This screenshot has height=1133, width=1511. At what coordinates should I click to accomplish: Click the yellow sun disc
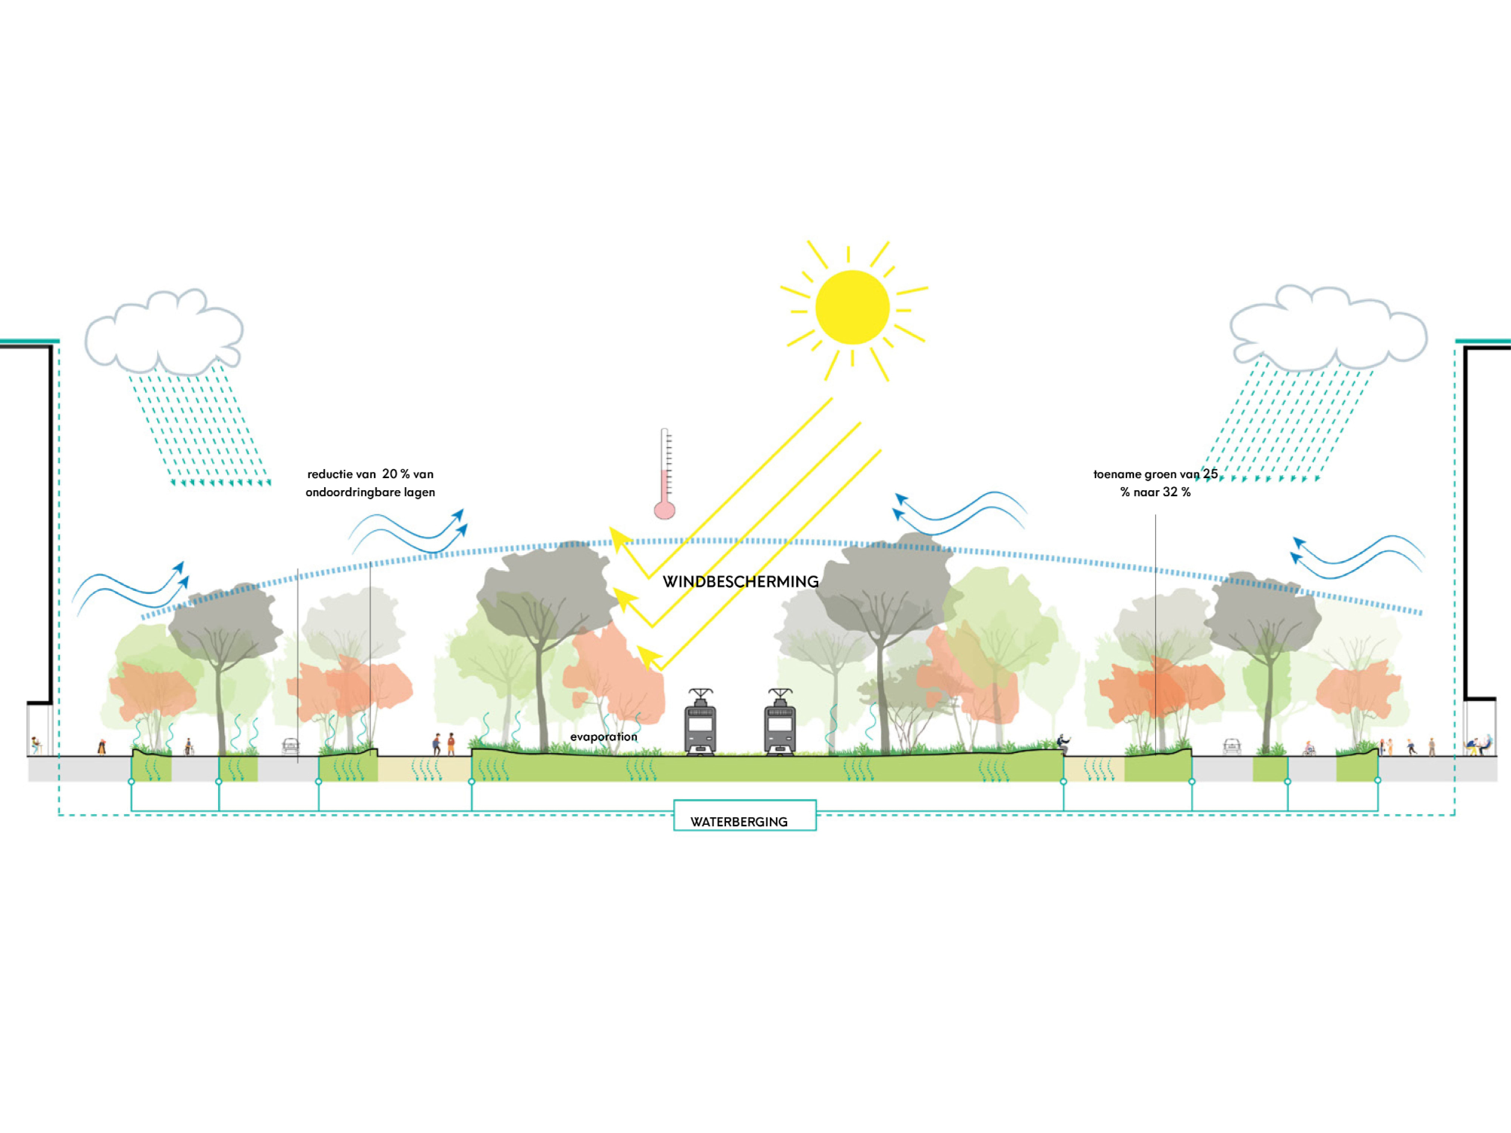pos(852,307)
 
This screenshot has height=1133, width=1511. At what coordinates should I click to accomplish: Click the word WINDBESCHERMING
pos(740,582)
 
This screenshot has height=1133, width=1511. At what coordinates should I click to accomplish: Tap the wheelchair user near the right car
pos(1309,749)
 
